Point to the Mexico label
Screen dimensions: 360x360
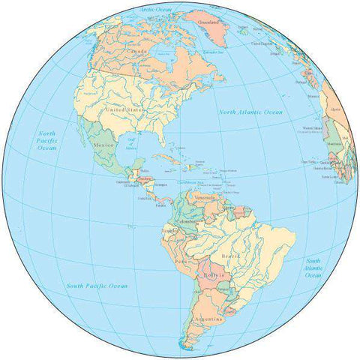(103, 144)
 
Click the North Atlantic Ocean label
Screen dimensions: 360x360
(250, 112)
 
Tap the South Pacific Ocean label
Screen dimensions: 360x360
(96, 286)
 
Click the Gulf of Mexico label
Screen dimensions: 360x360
(131, 144)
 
